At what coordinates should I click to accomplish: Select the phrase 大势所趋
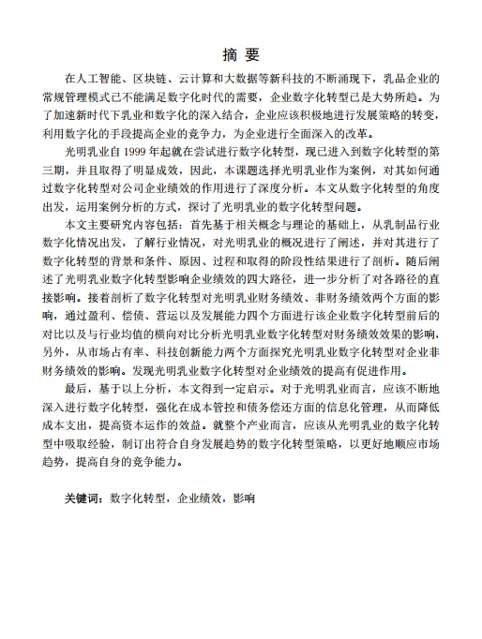[403, 96]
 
